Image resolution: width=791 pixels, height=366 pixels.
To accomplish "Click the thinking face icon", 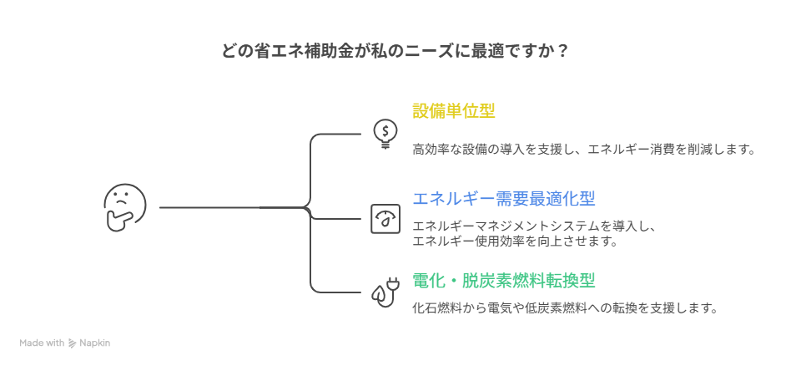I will coord(124,208).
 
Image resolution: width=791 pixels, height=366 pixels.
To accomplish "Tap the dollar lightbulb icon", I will coord(385,133).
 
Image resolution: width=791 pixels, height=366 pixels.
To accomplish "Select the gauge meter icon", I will coord(385,219).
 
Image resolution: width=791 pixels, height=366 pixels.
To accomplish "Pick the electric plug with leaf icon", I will coord(385,292).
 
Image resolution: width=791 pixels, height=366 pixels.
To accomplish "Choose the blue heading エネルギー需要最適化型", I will coord(503,198).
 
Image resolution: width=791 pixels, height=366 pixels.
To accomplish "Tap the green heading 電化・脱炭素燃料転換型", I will coord(503,280).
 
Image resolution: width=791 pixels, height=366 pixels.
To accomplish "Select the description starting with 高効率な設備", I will coord(583,150).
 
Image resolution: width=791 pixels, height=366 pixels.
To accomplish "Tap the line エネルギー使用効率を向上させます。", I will coord(515,241).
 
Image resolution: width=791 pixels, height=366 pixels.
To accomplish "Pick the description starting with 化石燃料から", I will coord(565,308).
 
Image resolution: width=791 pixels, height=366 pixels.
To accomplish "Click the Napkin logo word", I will coord(94,343).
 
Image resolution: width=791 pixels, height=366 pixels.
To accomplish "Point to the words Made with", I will coord(42,343).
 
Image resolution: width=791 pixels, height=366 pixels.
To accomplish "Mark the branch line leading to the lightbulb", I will coord(338,133).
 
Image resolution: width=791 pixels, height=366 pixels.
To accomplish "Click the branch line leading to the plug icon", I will coord(338,292).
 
